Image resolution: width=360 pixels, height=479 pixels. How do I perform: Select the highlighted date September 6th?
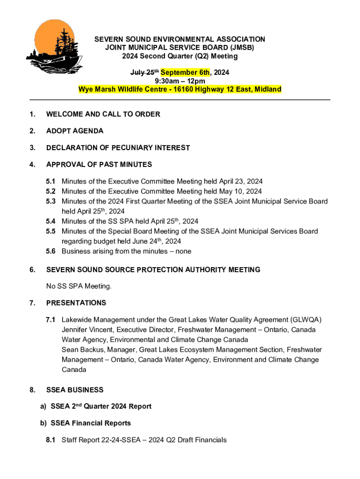(x=186, y=73)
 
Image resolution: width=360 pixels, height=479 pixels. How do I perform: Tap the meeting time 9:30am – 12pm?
(x=180, y=81)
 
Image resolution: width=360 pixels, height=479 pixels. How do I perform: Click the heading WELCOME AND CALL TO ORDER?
(x=103, y=114)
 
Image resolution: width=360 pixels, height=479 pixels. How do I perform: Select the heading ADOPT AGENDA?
(x=75, y=131)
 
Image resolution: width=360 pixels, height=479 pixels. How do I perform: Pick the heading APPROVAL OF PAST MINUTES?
(x=99, y=165)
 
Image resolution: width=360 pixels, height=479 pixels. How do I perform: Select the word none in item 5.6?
(x=182, y=251)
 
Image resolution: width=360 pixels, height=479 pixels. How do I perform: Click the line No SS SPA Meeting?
(x=79, y=286)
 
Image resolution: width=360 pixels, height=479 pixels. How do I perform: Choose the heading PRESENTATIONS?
(x=76, y=303)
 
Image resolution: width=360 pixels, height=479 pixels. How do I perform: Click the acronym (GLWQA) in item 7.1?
(x=306, y=320)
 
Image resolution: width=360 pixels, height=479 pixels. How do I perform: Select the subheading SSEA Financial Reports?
(x=91, y=423)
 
